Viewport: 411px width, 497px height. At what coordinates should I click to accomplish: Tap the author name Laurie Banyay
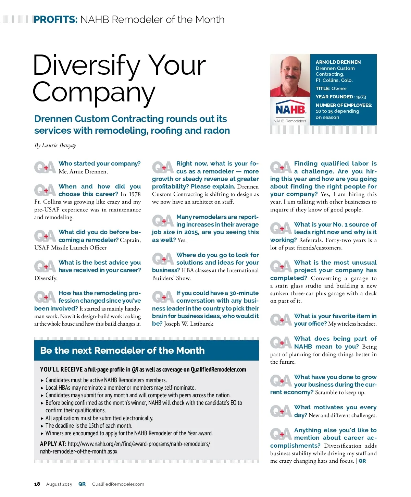click(59, 145)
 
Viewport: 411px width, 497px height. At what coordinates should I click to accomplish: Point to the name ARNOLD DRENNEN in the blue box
click(338, 62)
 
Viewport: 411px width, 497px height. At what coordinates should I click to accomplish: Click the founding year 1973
click(361, 97)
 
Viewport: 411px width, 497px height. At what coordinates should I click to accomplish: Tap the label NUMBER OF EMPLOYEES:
click(344, 105)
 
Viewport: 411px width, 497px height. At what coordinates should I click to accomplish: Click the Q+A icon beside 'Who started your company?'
click(45, 167)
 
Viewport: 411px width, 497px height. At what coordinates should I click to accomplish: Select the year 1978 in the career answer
click(135, 194)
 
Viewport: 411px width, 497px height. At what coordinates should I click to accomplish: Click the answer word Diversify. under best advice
click(46, 278)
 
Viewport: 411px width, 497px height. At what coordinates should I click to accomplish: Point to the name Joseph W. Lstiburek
click(188, 324)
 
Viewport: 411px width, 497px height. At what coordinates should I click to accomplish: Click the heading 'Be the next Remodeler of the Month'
click(122, 350)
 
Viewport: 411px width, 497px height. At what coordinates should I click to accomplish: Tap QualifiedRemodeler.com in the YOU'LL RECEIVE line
click(218, 369)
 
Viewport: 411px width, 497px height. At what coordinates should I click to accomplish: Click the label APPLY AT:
click(53, 444)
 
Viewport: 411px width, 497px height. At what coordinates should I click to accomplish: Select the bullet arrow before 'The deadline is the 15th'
click(42, 426)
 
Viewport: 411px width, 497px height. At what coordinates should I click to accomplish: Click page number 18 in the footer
click(37, 484)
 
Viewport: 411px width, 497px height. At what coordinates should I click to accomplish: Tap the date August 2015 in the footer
click(59, 484)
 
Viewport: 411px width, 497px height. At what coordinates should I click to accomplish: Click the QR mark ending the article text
click(362, 461)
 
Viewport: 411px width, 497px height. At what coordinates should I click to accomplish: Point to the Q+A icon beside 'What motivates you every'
click(281, 411)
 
